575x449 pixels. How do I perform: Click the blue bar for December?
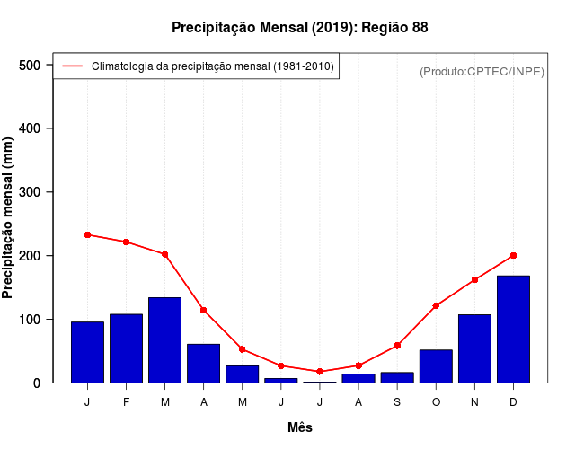pyautogui.click(x=513, y=329)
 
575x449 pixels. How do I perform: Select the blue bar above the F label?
pyautogui.click(x=126, y=348)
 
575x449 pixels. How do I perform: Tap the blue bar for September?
pyautogui.click(x=396, y=377)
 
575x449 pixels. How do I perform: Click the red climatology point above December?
pyautogui.click(x=513, y=255)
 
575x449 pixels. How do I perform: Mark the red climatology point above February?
pyautogui.click(x=126, y=242)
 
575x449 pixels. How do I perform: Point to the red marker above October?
pyautogui.click(x=436, y=305)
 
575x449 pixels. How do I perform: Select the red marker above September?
pyautogui.click(x=396, y=346)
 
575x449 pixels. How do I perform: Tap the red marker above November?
pyautogui.click(x=474, y=279)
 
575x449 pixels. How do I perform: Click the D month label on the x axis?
pyautogui.click(x=513, y=402)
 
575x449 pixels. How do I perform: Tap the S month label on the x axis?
pyautogui.click(x=396, y=402)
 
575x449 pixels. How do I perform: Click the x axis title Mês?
pyautogui.click(x=300, y=427)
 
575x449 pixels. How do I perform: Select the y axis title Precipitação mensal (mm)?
pyautogui.click(x=9, y=218)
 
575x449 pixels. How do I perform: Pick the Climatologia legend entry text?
pyautogui.click(x=212, y=66)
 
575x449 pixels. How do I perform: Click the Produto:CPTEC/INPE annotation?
pyautogui.click(x=482, y=71)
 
